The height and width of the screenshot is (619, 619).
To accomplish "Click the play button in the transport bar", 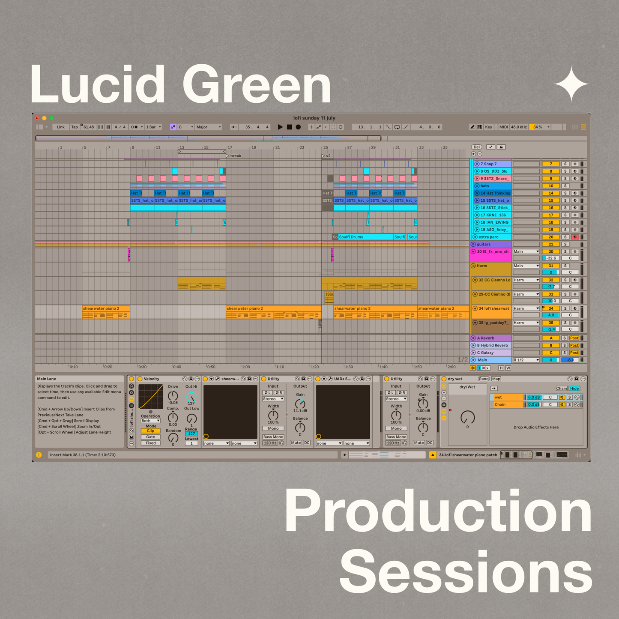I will tap(280, 127).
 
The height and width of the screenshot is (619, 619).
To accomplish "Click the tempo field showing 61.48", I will tap(89, 127).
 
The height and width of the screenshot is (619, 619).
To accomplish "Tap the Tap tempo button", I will tap(75, 127).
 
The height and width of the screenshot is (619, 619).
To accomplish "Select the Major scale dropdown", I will tap(208, 127).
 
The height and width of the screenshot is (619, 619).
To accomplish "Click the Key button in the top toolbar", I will tap(488, 127).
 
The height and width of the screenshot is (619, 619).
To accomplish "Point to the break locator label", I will tap(236, 156).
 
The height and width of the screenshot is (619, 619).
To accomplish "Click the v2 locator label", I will tap(328, 156).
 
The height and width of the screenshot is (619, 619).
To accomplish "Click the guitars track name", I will tap(484, 244).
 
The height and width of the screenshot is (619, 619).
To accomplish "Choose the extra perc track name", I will tap(488, 237).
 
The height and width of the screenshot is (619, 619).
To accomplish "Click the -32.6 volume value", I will tap(551, 258).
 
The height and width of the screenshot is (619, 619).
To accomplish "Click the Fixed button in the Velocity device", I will tap(150, 443).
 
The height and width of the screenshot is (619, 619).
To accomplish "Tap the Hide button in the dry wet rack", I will tap(574, 389).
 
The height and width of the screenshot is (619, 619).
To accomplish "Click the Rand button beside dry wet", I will tap(484, 379).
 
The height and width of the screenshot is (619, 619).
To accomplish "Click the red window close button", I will tap(37, 118).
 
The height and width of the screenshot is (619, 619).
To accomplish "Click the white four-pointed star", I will tap(571, 84).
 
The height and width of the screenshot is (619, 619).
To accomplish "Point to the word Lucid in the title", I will tap(98, 84).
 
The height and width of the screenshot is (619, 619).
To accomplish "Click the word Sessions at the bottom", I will tap(466, 572).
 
